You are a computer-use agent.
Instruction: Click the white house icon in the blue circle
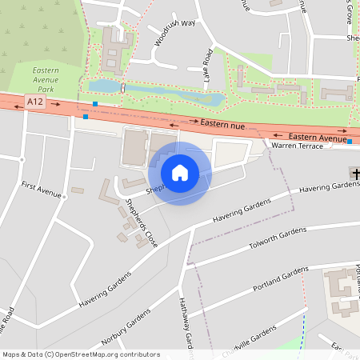pyautogui.click(x=179, y=173)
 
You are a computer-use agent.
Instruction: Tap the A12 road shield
pyautogui.click(x=34, y=102)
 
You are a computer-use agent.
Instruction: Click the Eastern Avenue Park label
pyautogui.click(x=46, y=81)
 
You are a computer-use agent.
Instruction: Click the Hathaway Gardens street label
pyautogui.click(x=186, y=320)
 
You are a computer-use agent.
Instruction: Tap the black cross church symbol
pyautogui.click(x=354, y=173)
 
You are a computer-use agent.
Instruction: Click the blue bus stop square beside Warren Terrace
pyautogui.click(x=350, y=142)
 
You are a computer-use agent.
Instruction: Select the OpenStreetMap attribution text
pyautogui.click(x=80, y=354)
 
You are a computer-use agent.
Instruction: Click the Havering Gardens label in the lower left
pyautogui.click(x=104, y=290)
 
